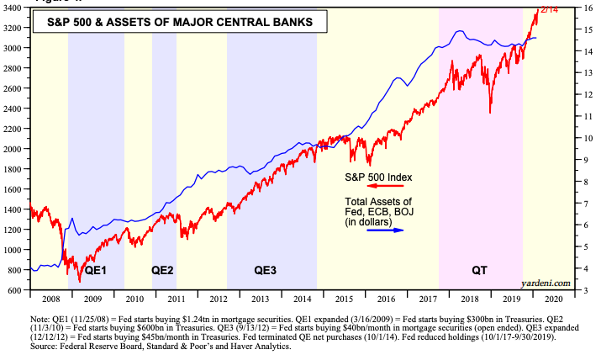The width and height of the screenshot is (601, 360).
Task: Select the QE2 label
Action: [162, 271]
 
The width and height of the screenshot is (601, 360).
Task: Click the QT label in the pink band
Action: [478, 271]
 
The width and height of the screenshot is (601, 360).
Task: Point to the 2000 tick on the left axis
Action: [16, 149]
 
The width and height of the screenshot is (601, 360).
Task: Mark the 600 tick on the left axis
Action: [18, 290]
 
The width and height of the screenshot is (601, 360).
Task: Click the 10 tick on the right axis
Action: [588, 138]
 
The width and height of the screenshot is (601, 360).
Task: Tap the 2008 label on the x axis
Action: [49, 299]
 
